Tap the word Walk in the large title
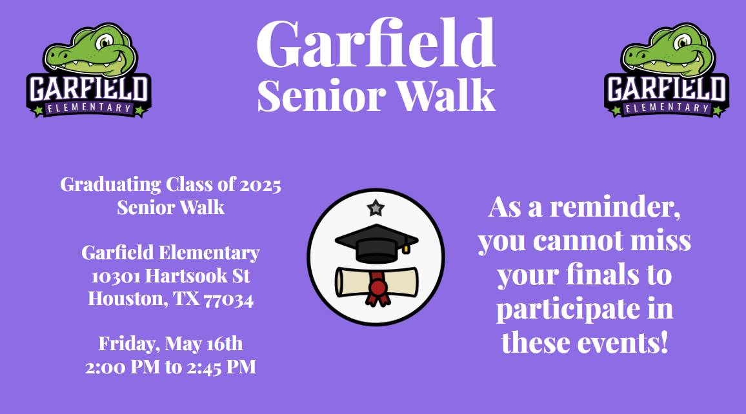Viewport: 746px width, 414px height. [x=447, y=95]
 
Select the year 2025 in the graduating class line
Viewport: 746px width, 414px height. [x=260, y=185]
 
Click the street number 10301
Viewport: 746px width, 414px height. [x=116, y=276]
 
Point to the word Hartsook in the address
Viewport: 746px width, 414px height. [x=186, y=276]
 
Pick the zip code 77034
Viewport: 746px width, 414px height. [x=228, y=300]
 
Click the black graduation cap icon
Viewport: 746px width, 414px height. [x=376, y=243]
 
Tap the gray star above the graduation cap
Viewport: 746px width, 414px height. [x=376, y=208]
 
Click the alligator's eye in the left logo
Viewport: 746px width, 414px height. [x=104, y=42]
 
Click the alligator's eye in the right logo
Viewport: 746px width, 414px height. [x=682, y=42]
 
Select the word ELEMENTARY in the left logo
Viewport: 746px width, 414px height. [x=89, y=108]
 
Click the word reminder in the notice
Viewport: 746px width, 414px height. [x=615, y=207]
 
